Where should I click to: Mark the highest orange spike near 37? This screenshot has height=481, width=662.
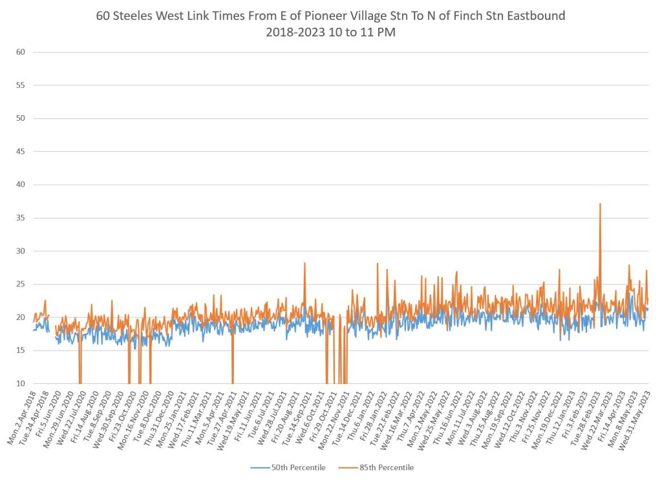point(600,204)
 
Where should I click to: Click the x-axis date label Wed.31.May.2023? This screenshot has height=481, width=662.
point(635,409)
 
